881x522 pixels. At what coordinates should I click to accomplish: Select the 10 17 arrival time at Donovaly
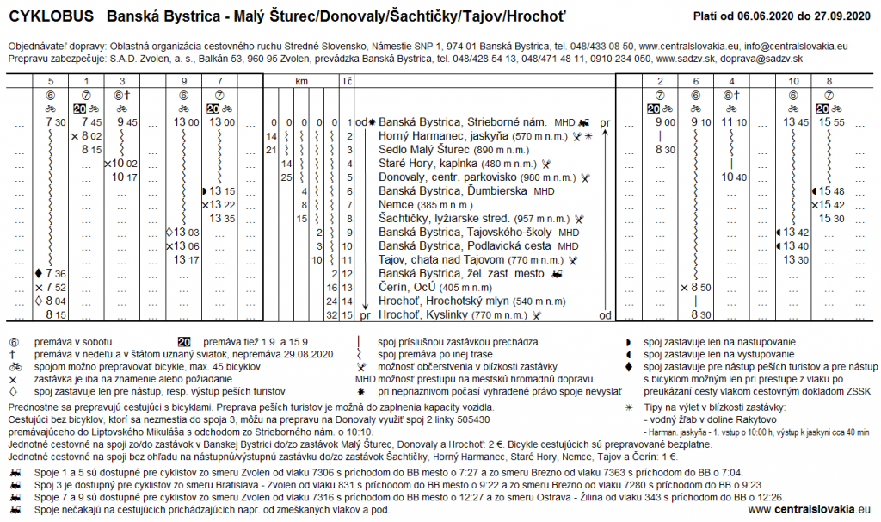pos(126,177)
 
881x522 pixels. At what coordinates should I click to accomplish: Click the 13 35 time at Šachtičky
pos(223,218)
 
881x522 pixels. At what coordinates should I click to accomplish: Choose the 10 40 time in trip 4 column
pos(733,177)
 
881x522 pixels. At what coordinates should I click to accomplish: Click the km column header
pos(301,81)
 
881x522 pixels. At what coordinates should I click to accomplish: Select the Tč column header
pos(348,81)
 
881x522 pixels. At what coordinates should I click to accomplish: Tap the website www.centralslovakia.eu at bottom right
pos(810,510)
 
